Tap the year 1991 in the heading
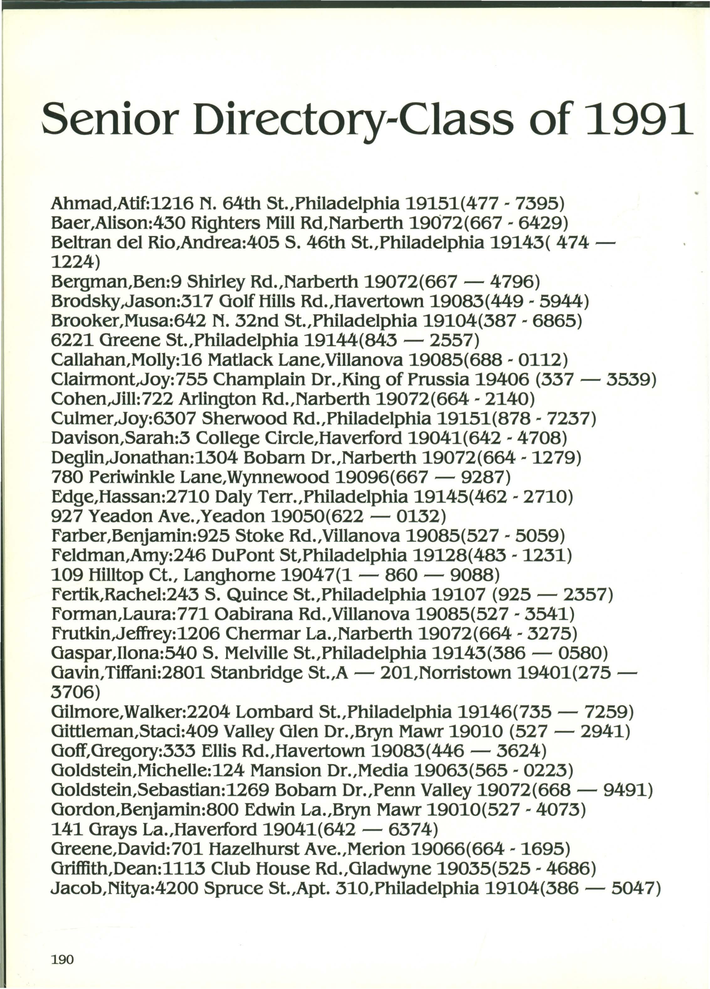coord(636,119)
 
